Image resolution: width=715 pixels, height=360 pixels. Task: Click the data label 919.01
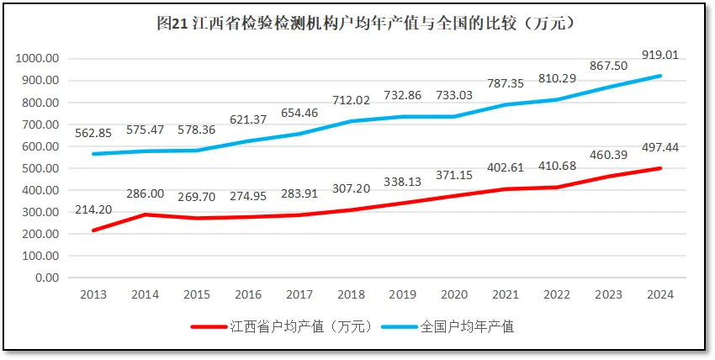659,55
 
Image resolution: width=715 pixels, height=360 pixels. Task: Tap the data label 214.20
93,210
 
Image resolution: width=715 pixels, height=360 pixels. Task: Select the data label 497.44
659,148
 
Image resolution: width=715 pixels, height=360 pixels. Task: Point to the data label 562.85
93,133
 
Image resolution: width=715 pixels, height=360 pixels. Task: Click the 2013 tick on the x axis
93,294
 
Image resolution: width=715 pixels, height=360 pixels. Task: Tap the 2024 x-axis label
659,294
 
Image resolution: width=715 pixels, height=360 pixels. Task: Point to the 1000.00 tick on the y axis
37,59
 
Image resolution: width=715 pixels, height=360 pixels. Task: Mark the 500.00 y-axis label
40,168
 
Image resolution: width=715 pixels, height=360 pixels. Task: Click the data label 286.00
145,194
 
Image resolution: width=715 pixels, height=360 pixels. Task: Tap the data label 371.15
453,174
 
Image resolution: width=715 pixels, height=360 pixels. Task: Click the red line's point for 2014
145,214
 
